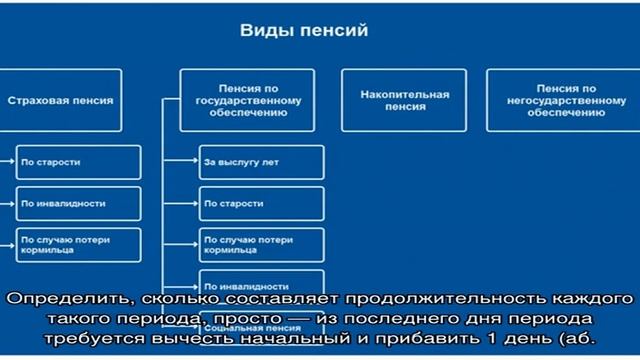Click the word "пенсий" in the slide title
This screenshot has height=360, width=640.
click(339, 31)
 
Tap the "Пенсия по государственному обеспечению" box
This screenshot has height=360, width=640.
click(245, 101)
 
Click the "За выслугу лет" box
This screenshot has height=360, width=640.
click(260, 161)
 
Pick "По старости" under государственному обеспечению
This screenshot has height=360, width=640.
click(260, 203)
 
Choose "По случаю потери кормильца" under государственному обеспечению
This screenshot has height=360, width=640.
click(260, 245)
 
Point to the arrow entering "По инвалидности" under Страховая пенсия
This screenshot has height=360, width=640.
click(9, 202)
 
